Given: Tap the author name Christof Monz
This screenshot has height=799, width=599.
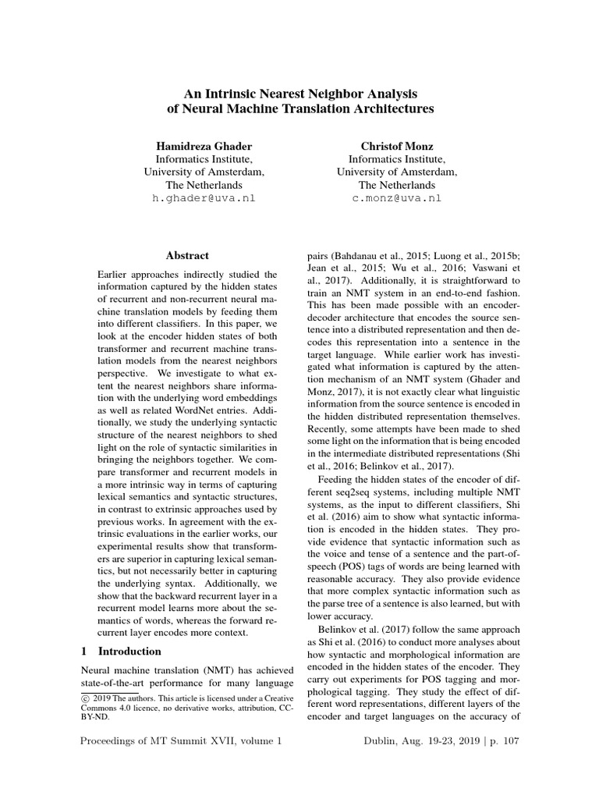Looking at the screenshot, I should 398,146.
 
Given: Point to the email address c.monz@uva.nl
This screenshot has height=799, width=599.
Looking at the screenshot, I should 398,198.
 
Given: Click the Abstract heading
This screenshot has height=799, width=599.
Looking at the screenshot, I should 187,255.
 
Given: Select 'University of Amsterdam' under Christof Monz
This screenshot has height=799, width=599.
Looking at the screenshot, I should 398,172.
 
